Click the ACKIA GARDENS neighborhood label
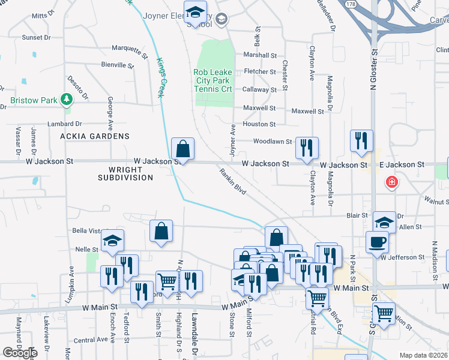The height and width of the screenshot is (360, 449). [95, 136]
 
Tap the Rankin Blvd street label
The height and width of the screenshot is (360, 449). [233, 181]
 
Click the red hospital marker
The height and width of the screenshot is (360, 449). [391, 181]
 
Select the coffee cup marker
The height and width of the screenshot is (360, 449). [376, 241]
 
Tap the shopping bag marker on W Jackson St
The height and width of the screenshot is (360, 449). [182, 148]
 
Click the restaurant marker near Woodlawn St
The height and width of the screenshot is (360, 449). [307, 147]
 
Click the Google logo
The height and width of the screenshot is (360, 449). [19, 353]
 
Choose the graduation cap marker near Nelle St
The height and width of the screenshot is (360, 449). [112, 241]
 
